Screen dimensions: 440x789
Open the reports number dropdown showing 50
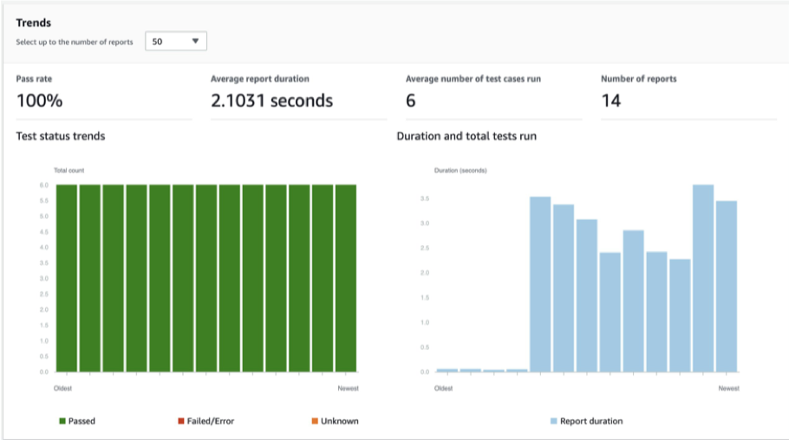point(176,41)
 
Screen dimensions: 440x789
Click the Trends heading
point(34,23)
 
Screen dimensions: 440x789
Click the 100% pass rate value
point(40,100)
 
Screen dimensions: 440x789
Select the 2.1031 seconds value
point(271,100)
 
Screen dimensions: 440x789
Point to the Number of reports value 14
point(610,100)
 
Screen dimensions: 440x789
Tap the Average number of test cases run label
point(473,79)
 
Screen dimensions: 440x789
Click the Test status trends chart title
point(61,136)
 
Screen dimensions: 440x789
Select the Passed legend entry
point(77,421)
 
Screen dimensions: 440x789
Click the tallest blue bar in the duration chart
point(702,277)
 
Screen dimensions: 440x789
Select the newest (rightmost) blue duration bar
point(726,286)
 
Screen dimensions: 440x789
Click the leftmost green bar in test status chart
point(67,277)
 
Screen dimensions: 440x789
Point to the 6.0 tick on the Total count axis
point(42,185)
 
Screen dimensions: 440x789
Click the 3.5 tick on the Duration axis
point(425,198)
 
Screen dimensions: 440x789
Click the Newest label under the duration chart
point(728,388)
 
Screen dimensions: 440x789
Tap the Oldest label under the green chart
point(62,388)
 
